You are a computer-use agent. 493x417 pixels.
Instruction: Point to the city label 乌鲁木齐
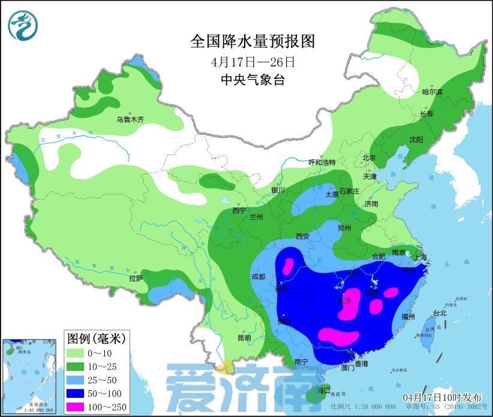pyautogui.click(x=130, y=120)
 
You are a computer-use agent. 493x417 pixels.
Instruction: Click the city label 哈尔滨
pyautogui.click(x=432, y=92)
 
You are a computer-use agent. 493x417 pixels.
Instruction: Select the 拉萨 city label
pyautogui.click(x=136, y=279)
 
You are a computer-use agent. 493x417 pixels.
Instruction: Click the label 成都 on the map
pyautogui.click(x=258, y=277)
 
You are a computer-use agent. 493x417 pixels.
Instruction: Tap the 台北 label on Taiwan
pyautogui.click(x=439, y=313)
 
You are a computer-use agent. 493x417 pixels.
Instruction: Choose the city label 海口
pyautogui.click(x=323, y=390)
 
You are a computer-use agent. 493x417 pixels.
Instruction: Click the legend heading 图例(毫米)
pyautogui.click(x=95, y=339)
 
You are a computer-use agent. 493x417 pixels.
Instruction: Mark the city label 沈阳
pyautogui.click(x=416, y=139)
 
